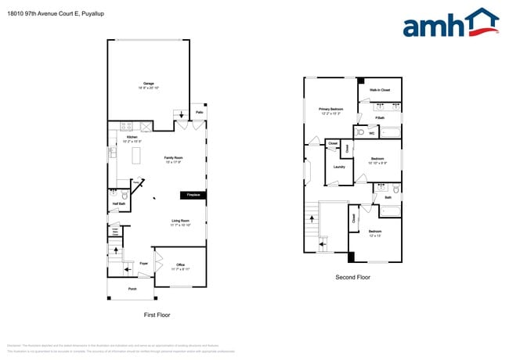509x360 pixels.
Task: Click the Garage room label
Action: (148, 84)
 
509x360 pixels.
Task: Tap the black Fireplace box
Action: (191, 195)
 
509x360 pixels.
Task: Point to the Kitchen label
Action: (132, 138)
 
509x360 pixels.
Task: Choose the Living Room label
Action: (181, 221)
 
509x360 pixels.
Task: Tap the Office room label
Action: (179, 265)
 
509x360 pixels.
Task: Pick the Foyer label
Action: (144, 264)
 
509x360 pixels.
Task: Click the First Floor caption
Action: (157, 315)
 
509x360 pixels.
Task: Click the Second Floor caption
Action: (352, 277)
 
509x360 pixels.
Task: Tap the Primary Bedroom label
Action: (330, 110)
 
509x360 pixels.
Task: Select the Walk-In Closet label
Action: (380, 90)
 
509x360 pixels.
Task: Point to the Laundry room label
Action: (339, 167)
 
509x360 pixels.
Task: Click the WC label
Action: (372, 133)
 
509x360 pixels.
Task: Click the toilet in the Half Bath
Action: (125, 195)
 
